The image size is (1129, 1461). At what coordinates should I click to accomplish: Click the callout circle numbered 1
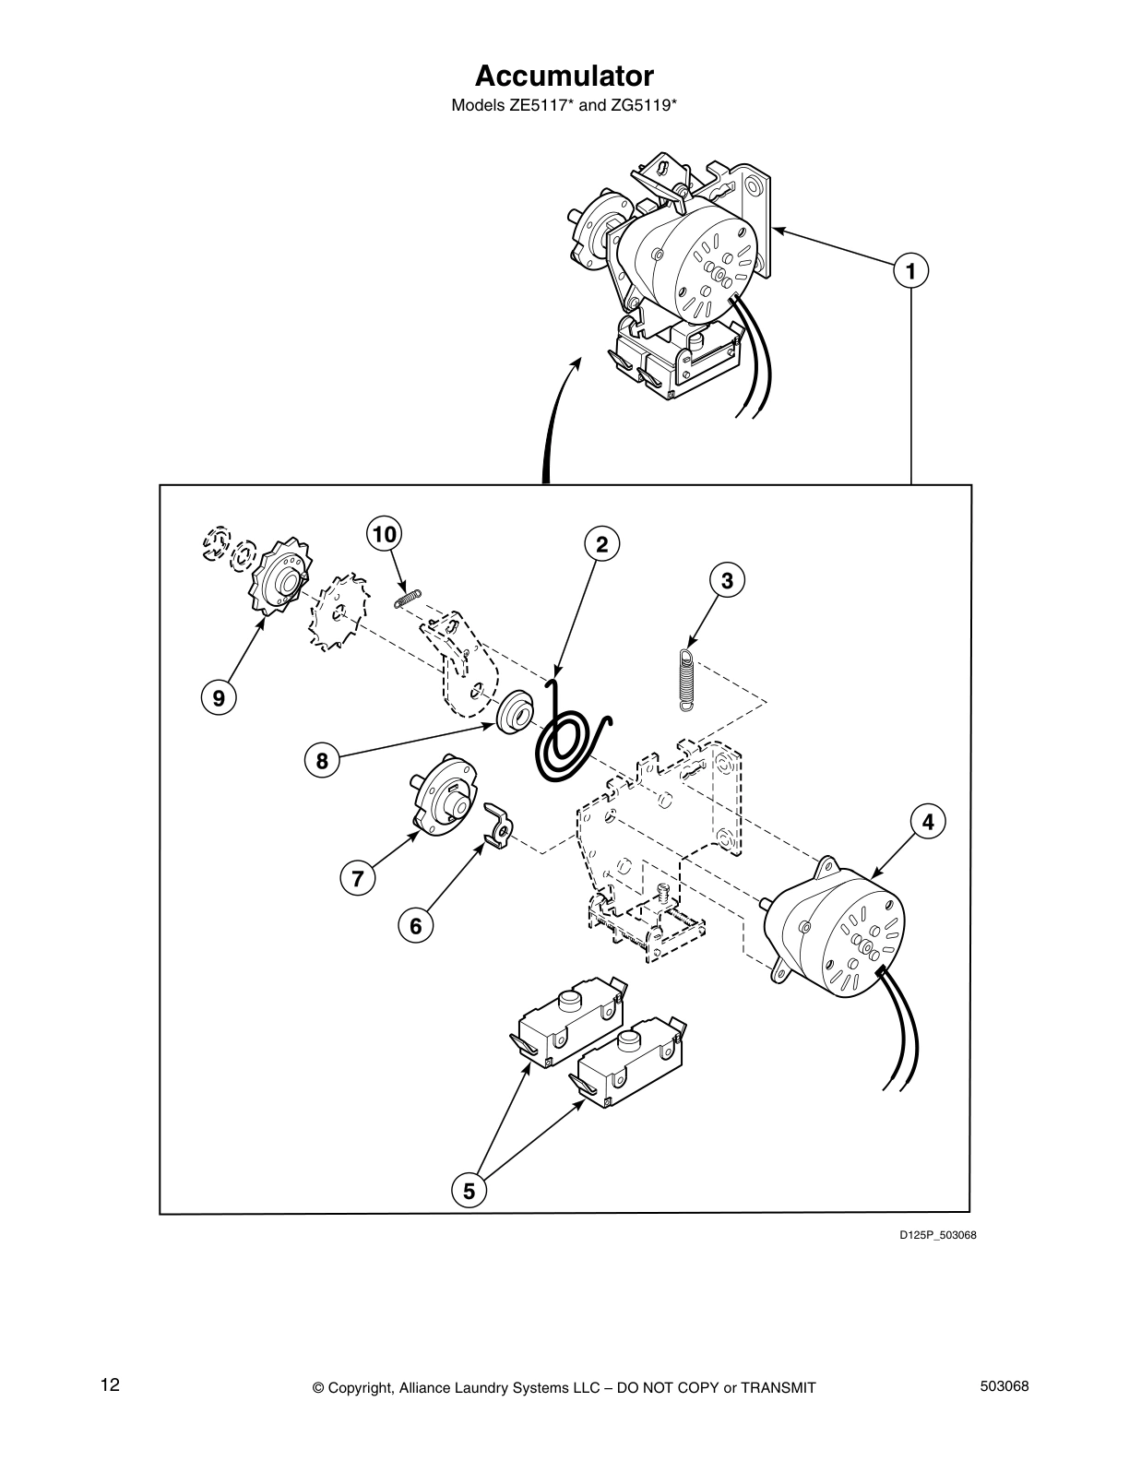point(910,271)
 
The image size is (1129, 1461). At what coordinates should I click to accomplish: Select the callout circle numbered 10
point(385,534)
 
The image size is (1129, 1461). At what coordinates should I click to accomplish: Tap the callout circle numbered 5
point(469,1191)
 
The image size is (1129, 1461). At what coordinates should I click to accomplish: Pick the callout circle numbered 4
point(929,822)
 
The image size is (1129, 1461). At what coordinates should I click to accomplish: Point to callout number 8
point(322,761)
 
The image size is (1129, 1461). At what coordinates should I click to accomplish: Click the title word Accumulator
point(564,75)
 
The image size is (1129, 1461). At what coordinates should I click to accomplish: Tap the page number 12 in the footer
point(110,1384)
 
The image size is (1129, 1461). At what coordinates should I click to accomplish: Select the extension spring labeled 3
point(685,679)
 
